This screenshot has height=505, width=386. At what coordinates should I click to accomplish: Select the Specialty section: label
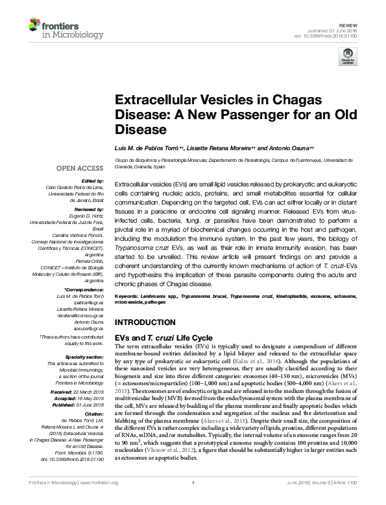83,357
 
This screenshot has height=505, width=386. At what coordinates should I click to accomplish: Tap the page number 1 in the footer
193,500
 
